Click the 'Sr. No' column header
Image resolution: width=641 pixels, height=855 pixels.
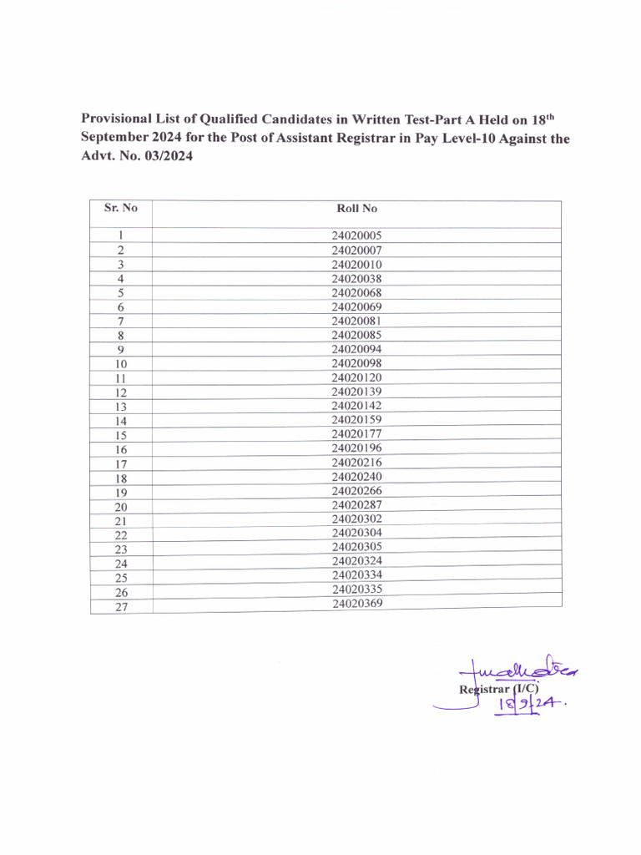(x=120, y=208)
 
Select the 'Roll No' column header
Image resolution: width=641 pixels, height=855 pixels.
(x=356, y=209)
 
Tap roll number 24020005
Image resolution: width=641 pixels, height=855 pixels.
(x=356, y=236)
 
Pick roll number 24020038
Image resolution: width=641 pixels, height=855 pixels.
(x=356, y=279)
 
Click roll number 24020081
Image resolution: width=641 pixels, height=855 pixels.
(x=356, y=321)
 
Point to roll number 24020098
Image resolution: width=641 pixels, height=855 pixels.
(x=356, y=363)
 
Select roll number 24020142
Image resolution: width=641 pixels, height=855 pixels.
(x=356, y=406)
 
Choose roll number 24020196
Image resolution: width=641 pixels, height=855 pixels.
(x=356, y=448)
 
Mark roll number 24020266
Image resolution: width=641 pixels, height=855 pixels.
(x=356, y=491)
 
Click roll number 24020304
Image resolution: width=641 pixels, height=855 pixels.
(x=356, y=533)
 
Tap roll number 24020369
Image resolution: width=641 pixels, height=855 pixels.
(x=356, y=603)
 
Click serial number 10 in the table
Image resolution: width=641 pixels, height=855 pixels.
(x=121, y=364)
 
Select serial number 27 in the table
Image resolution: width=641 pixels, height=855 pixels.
(x=121, y=607)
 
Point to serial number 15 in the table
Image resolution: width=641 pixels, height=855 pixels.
(x=121, y=435)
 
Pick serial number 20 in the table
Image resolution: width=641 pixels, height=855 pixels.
(x=121, y=507)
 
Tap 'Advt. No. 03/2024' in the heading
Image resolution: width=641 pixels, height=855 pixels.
(x=136, y=158)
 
